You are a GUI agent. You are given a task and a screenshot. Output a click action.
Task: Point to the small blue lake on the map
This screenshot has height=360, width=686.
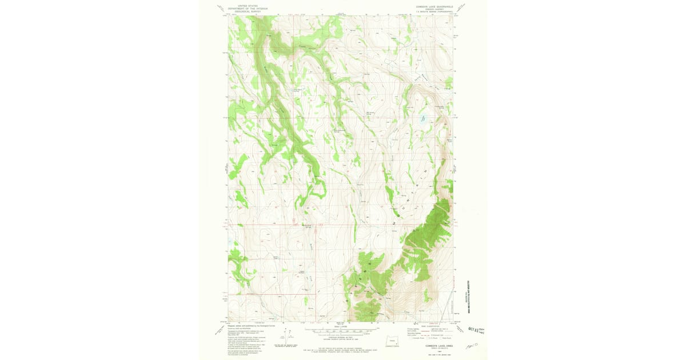(424, 119)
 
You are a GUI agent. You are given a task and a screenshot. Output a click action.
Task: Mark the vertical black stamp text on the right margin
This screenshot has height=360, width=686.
(467, 297)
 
